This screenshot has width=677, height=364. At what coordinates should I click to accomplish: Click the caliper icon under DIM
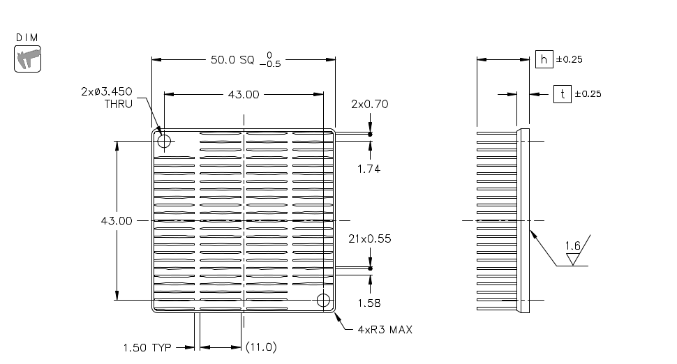tap(28, 59)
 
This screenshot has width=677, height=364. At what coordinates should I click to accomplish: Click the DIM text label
tap(27, 38)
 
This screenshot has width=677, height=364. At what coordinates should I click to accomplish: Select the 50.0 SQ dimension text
tap(232, 59)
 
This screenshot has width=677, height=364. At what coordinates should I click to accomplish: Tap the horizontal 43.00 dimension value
tap(244, 94)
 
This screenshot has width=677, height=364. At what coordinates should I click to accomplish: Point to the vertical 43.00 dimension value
tap(117, 221)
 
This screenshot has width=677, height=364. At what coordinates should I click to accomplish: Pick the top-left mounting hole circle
tap(164, 141)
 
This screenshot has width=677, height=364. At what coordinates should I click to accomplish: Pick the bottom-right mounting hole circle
tap(323, 300)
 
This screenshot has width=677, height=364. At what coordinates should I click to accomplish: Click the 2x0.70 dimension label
tap(370, 105)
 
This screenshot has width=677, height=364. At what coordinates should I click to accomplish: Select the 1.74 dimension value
tap(369, 169)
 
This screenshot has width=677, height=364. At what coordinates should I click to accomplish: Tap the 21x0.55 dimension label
tap(370, 239)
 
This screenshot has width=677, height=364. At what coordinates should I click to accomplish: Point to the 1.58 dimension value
tap(369, 303)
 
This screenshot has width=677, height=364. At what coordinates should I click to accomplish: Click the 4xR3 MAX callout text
tap(385, 330)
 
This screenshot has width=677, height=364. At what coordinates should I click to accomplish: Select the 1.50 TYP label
tap(147, 347)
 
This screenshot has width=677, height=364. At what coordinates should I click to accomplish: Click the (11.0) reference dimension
tap(261, 347)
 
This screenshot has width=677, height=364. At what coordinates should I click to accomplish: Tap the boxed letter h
tap(544, 59)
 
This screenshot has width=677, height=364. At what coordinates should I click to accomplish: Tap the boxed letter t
tap(562, 93)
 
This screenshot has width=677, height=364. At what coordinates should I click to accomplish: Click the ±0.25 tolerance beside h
tap(570, 59)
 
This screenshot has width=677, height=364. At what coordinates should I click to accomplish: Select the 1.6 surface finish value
tap(573, 246)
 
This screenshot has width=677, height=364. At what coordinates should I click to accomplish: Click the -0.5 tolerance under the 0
tap(270, 64)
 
